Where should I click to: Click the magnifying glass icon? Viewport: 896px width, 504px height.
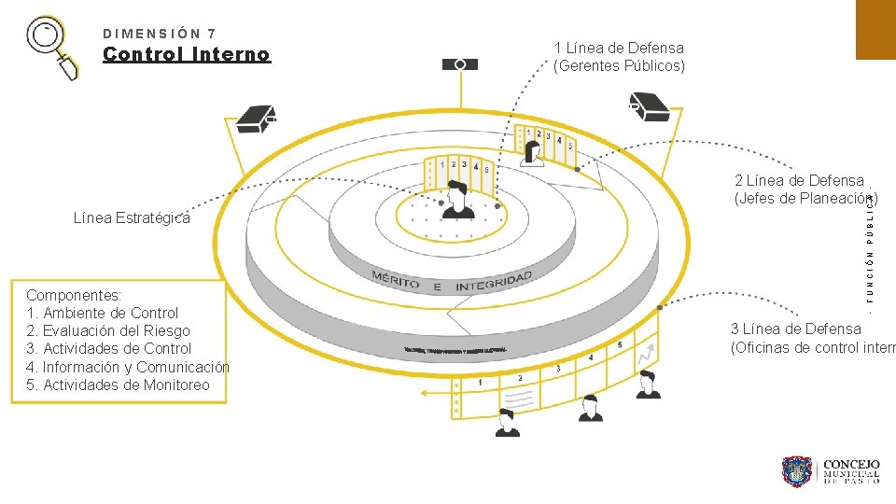(x=54, y=47)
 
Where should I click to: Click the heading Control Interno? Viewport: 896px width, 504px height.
(x=187, y=54)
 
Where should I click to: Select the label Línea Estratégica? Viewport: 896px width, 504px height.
(x=132, y=218)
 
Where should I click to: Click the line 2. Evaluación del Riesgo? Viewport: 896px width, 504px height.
(x=108, y=330)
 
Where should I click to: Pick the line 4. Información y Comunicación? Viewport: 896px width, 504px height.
(x=128, y=367)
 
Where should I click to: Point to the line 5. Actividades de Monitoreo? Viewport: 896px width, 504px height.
(x=119, y=385)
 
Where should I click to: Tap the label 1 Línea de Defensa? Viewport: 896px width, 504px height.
(x=619, y=48)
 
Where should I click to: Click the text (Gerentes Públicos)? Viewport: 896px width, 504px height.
(x=619, y=65)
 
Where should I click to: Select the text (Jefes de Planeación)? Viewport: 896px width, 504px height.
(x=805, y=198)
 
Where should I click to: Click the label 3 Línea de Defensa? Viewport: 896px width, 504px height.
(x=796, y=329)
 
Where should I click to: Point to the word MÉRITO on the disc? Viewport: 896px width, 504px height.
(x=396, y=279)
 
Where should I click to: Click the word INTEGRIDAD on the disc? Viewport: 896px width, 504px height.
(x=494, y=280)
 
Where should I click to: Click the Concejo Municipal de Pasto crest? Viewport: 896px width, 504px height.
(x=798, y=471)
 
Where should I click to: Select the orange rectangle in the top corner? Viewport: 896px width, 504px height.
(x=875, y=29)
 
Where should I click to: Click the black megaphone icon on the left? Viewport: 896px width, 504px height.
(x=256, y=119)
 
